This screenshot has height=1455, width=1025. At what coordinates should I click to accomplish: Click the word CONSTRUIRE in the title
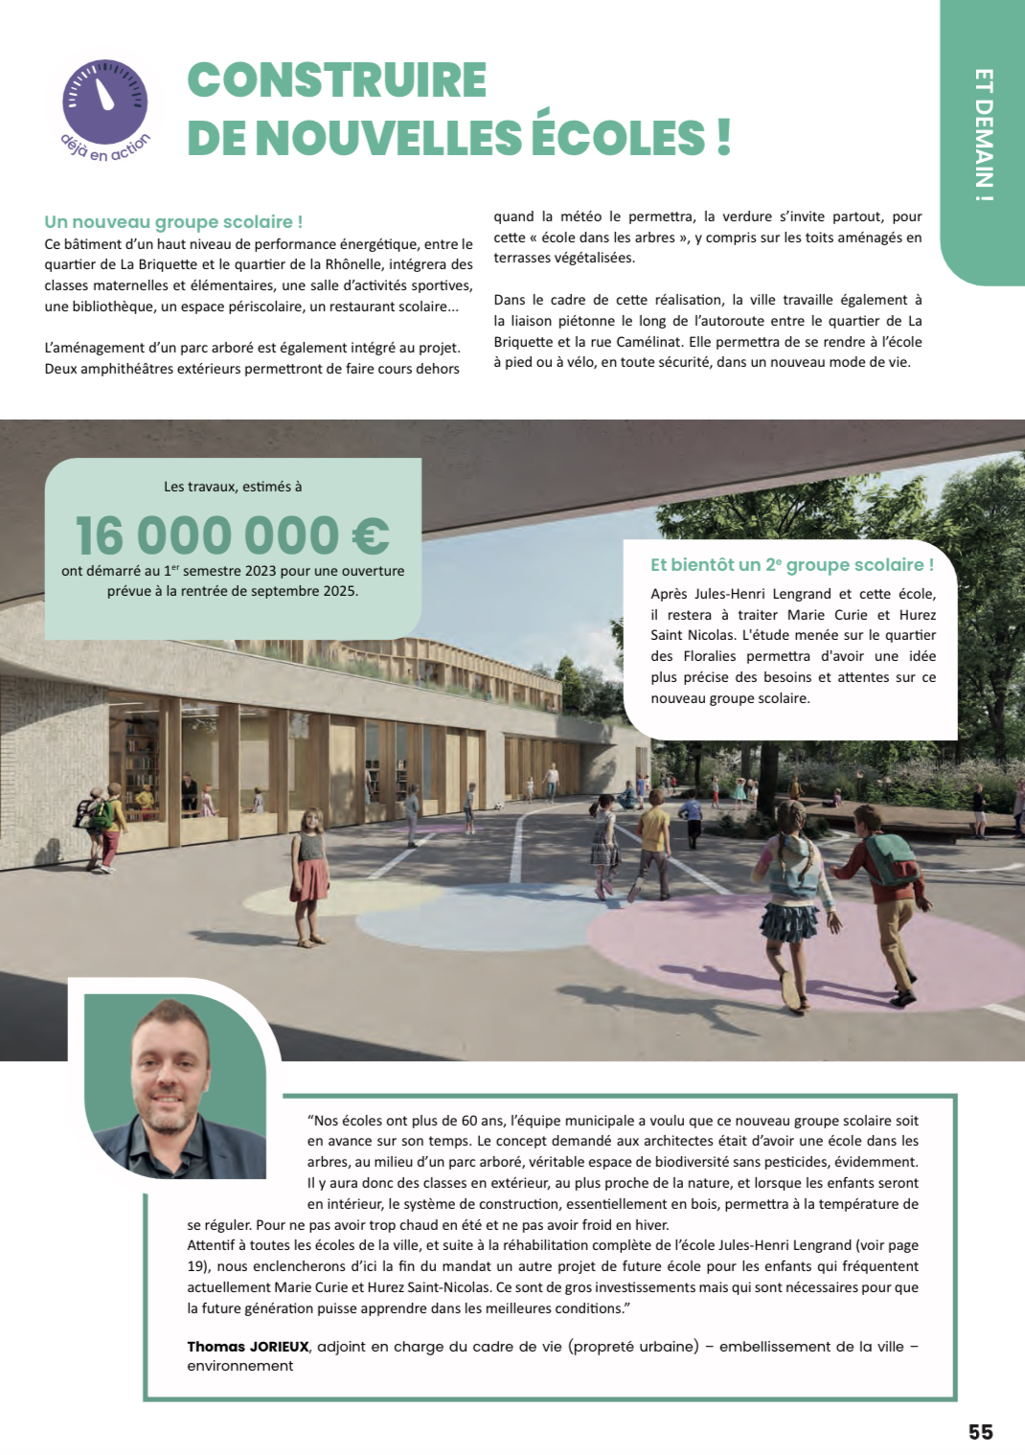(337, 80)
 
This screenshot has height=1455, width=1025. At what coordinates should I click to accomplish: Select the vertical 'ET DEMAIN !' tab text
(983, 135)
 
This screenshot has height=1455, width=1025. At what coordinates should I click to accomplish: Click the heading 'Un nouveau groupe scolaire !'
(173, 222)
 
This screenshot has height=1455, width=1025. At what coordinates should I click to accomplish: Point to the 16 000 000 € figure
(232, 535)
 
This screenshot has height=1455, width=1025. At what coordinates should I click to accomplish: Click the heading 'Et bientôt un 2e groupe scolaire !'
(791, 565)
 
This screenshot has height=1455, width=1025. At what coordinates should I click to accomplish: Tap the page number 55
(980, 1432)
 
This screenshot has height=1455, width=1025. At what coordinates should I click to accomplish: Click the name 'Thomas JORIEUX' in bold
(248, 1347)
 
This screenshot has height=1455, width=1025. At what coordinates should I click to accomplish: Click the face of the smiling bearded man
(171, 1068)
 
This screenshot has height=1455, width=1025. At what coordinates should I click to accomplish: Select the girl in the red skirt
(310, 876)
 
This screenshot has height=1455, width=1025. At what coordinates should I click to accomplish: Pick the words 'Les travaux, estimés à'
(233, 487)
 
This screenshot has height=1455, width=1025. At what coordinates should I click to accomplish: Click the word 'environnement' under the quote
(240, 1366)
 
